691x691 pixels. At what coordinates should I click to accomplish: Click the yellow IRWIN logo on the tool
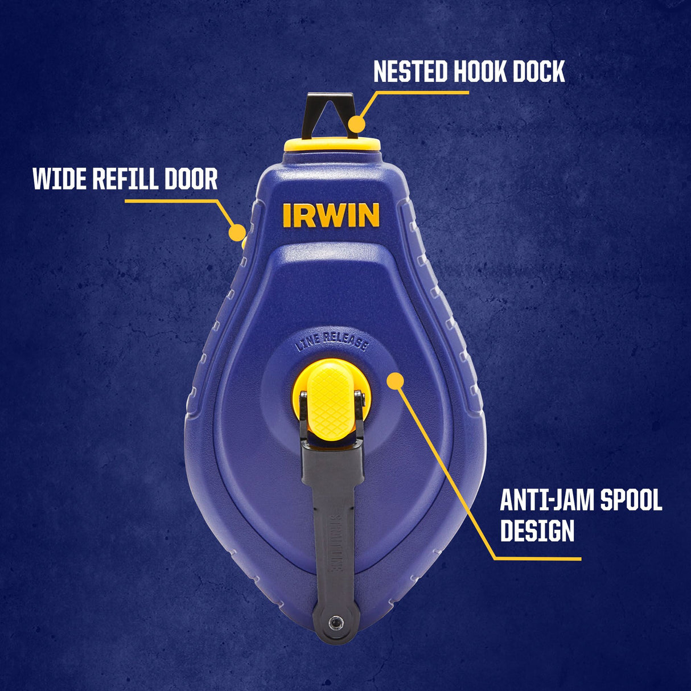(331, 215)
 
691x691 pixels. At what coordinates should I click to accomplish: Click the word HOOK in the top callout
(480, 72)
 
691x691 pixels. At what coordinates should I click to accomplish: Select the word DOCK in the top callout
(538, 72)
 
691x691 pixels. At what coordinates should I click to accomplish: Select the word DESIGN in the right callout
(537, 530)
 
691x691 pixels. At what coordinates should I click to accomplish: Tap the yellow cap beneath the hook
(332, 144)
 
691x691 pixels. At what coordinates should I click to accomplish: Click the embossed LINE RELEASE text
(332, 342)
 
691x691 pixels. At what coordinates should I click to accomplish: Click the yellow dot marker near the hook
(357, 125)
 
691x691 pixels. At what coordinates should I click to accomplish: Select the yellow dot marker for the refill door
(237, 232)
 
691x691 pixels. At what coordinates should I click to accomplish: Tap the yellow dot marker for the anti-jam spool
(395, 381)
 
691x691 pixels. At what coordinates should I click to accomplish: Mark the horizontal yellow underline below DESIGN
(537, 558)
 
